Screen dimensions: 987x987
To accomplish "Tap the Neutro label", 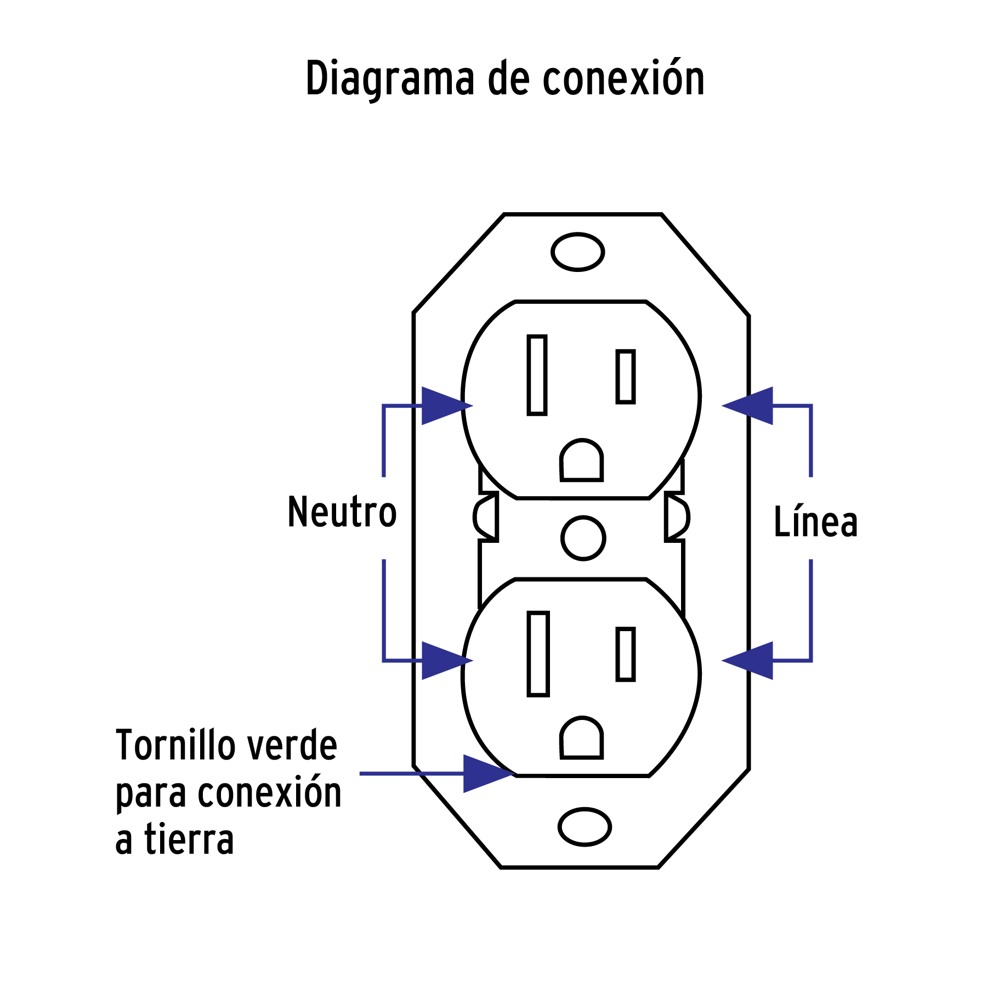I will pyautogui.click(x=342, y=512).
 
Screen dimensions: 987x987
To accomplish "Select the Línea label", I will pyautogui.click(x=815, y=521).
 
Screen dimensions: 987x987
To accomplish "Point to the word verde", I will pyautogui.click(x=291, y=746).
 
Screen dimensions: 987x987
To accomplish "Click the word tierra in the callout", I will pyautogui.click(x=189, y=841).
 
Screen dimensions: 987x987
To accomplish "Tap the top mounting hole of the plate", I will pyautogui.click(x=577, y=252).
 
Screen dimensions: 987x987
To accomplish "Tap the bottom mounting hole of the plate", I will pyautogui.click(x=585, y=827).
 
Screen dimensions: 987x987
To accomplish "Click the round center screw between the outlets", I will pyautogui.click(x=583, y=538).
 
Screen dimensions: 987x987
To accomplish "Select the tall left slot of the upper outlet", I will pyautogui.click(x=537, y=375).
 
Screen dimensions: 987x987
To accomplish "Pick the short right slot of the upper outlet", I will pyautogui.click(x=626, y=377).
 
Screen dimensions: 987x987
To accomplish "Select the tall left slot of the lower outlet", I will pyautogui.click(x=538, y=654).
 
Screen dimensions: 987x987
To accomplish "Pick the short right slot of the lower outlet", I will pyautogui.click(x=626, y=654).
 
